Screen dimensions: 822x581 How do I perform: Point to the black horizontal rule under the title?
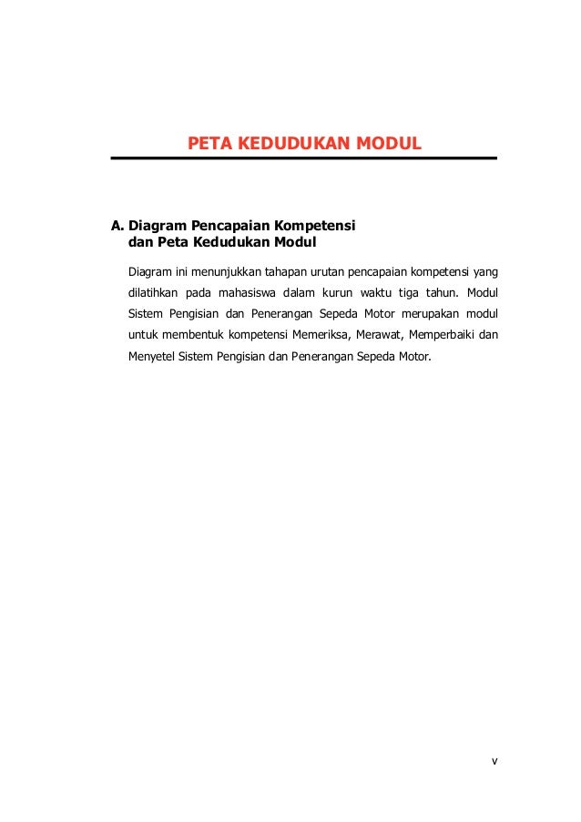[x=303, y=158]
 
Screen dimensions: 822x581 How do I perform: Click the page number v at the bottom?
[x=494, y=760]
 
